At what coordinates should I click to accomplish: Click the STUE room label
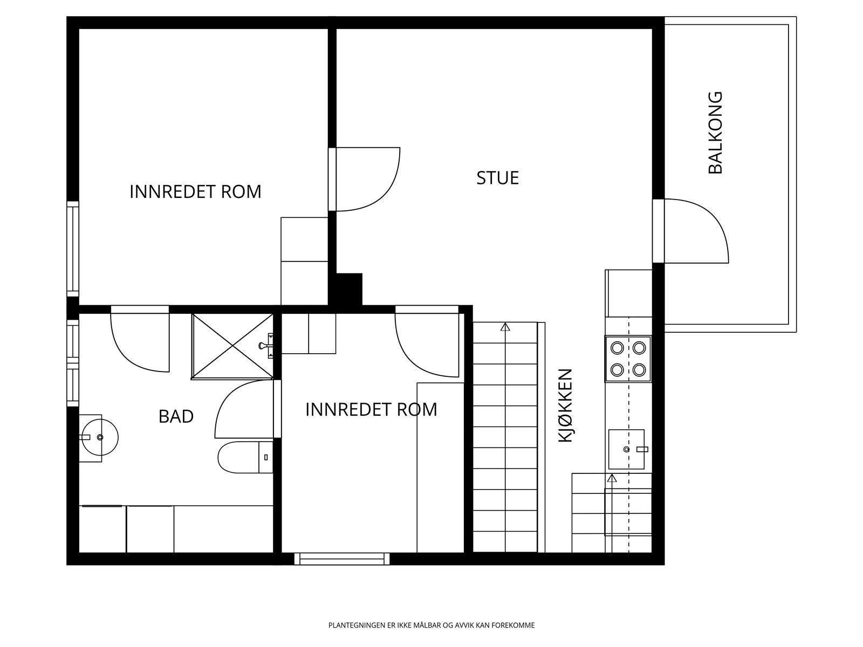pyautogui.click(x=497, y=178)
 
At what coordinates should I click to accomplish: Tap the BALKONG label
pyautogui.click(x=715, y=133)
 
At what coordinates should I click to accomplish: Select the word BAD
pyautogui.click(x=176, y=416)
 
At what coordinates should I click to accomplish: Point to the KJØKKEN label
pyautogui.click(x=565, y=405)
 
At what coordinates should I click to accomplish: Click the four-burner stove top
pyautogui.click(x=628, y=359)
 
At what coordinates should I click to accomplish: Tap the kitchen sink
pyautogui.click(x=626, y=449)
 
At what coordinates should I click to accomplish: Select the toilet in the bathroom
pyautogui.click(x=245, y=457)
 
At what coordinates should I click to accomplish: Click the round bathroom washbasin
pyautogui.click(x=100, y=437)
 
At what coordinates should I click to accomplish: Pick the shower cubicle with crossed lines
pyautogui.click(x=232, y=347)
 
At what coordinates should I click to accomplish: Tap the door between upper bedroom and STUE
pyautogui.click(x=364, y=179)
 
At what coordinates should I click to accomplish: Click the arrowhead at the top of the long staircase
pyautogui.click(x=505, y=326)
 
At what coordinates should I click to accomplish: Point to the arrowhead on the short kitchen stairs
pyautogui.click(x=612, y=478)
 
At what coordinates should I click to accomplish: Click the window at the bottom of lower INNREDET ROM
pyautogui.click(x=341, y=559)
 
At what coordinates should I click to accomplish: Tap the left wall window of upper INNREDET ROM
pyautogui.click(x=73, y=249)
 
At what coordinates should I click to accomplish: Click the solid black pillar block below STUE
pyautogui.click(x=345, y=289)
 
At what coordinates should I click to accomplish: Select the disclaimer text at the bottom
pyautogui.click(x=432, y=625)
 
